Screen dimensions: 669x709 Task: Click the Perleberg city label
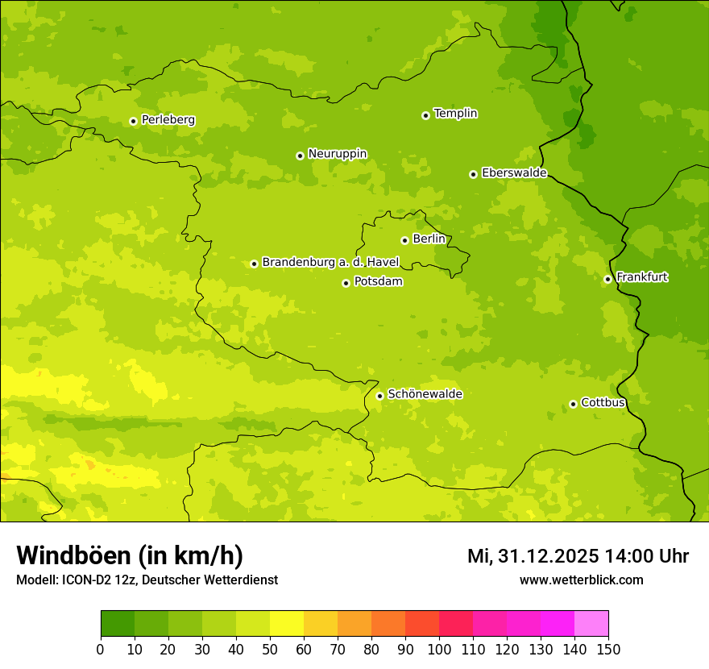point(168,120)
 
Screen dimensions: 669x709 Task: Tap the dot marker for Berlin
point(404,240)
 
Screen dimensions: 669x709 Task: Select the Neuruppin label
point(337,154)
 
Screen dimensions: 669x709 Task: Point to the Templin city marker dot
point(425,115)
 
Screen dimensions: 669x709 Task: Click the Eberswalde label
point(514,173)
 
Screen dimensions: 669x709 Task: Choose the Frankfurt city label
point(641,277)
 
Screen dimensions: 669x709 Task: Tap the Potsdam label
point(378,282)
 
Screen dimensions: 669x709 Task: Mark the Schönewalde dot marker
point(379,396)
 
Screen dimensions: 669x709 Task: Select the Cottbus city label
point(603,402)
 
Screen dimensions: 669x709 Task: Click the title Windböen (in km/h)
point(130,555)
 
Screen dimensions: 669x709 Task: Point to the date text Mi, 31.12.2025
point(533,556)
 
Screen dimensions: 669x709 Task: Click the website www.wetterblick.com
point(581,580)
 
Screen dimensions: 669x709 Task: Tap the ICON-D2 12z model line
point(147,580)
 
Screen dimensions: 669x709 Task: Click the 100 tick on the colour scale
point(439,649)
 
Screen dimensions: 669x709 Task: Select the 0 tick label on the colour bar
point(101,649)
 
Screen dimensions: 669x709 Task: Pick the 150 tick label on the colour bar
point(608,649)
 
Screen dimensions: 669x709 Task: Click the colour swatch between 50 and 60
point(287,624)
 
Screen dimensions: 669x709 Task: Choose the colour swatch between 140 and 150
point(591,624)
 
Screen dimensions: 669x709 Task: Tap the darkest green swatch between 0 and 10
point(118,624)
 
